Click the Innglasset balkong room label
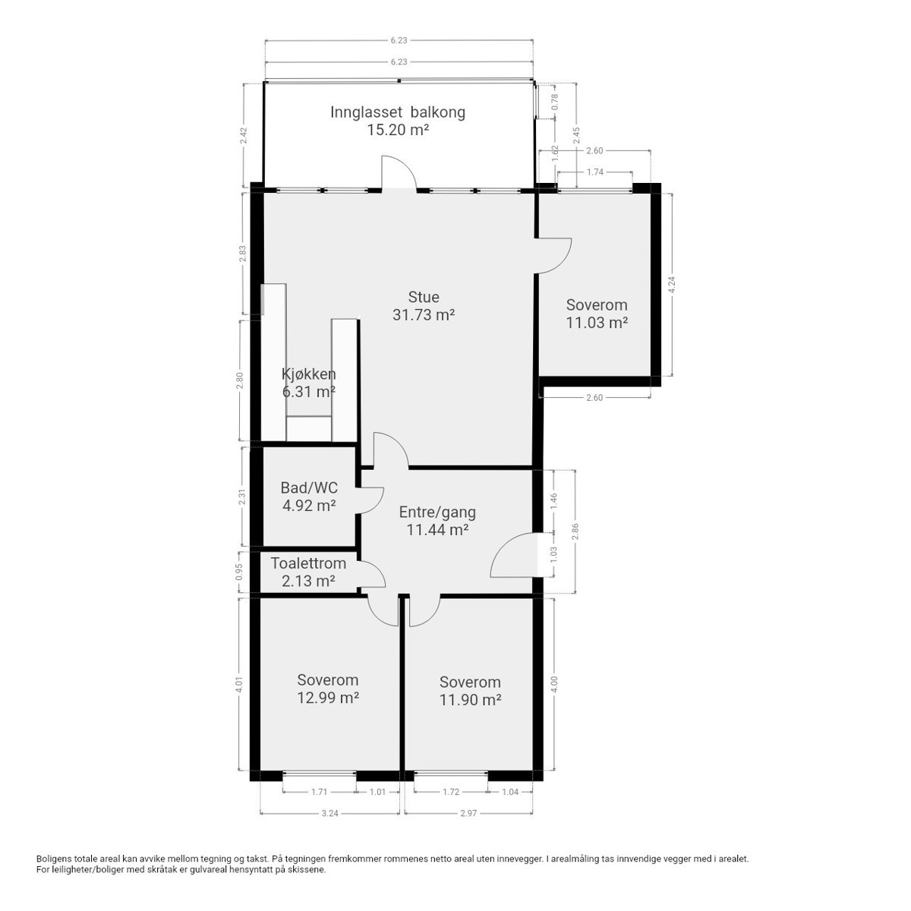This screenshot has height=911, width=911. [x=397, y=112]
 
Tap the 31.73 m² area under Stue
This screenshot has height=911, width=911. [x=423, y=314]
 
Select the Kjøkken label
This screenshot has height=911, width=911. [x=308, y=374]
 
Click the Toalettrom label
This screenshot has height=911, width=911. [x=308, y=563]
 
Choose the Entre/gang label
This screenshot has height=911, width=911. [x=437, y=512]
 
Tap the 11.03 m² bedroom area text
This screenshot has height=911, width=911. [x=597, y=323]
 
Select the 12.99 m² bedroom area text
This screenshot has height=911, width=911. [x=328, y=698]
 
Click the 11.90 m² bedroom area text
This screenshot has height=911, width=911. [x=470, y=699]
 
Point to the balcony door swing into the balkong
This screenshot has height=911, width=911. [x=398, y=172]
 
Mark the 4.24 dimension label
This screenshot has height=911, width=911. [x=670, y=285]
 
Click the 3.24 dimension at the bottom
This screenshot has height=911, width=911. [x=329, y=813]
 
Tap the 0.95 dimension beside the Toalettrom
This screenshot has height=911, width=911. [x=239, y=572]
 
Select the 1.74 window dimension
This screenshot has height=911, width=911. [x=595, y=172]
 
